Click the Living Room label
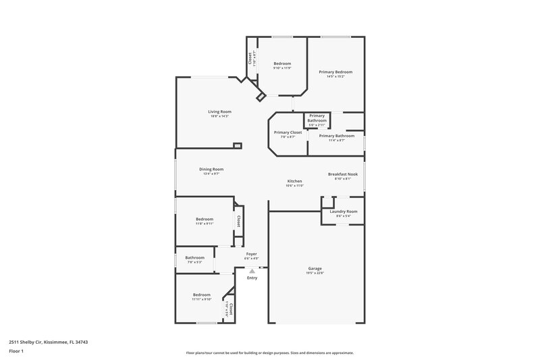tap(219, 111)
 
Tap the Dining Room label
tap(211, 169)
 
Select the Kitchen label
tap(295, 181)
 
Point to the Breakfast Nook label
tap(343, 174)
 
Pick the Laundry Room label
tap(344, 211)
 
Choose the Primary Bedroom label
tap(335, 72)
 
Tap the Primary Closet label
tap(288, 132)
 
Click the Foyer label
tap(251, 254)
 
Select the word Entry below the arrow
tap(252, 278)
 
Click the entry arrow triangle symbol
tap(252, 270)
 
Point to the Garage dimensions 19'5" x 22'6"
tap(315, 273)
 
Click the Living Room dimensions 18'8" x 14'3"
tap(219, 116)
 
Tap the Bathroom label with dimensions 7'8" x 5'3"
tap(195, 257)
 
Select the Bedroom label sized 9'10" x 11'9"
tap(282, 63)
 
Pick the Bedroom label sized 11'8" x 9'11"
tap(205, 219)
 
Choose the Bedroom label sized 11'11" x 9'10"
tap(202, 294)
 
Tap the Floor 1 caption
tap(16, 351)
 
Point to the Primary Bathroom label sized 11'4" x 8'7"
tap(336, 136)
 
